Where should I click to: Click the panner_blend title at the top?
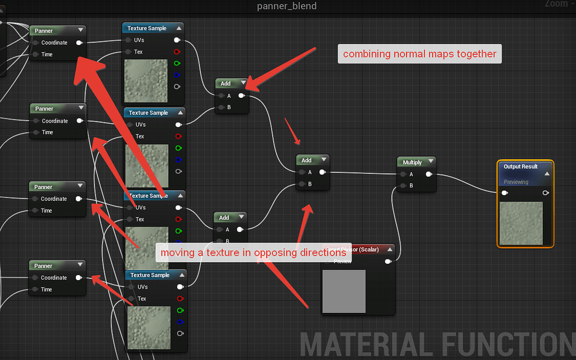(x=287, y=6)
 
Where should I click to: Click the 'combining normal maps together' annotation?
(x=420, y=54)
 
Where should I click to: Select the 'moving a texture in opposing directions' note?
(x=254, y=253)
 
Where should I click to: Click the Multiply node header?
(x=412, y=162)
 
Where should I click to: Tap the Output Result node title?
(x=520, y=166)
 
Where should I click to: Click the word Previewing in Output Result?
(x=516, y=182)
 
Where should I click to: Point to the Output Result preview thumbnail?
(x=521, y=223)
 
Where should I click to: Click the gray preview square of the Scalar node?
(x=344, y=291)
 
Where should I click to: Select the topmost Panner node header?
(x=45, y=31)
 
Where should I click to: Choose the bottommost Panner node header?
(x=44, y=265)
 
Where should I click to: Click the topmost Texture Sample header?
(x=147, y=28)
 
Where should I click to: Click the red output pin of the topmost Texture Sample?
(x=177, y=52)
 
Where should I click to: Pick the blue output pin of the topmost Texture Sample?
(x=177, y=75)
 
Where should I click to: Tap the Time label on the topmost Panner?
(x=47, y=54)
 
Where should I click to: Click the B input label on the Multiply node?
(x=411, y=185)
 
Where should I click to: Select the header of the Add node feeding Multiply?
(x=307, y=160)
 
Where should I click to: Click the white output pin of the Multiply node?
(x=429, y=174)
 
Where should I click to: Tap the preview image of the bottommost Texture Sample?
(x=149, y=327)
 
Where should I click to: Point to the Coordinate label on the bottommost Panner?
(x=54, y=277)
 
